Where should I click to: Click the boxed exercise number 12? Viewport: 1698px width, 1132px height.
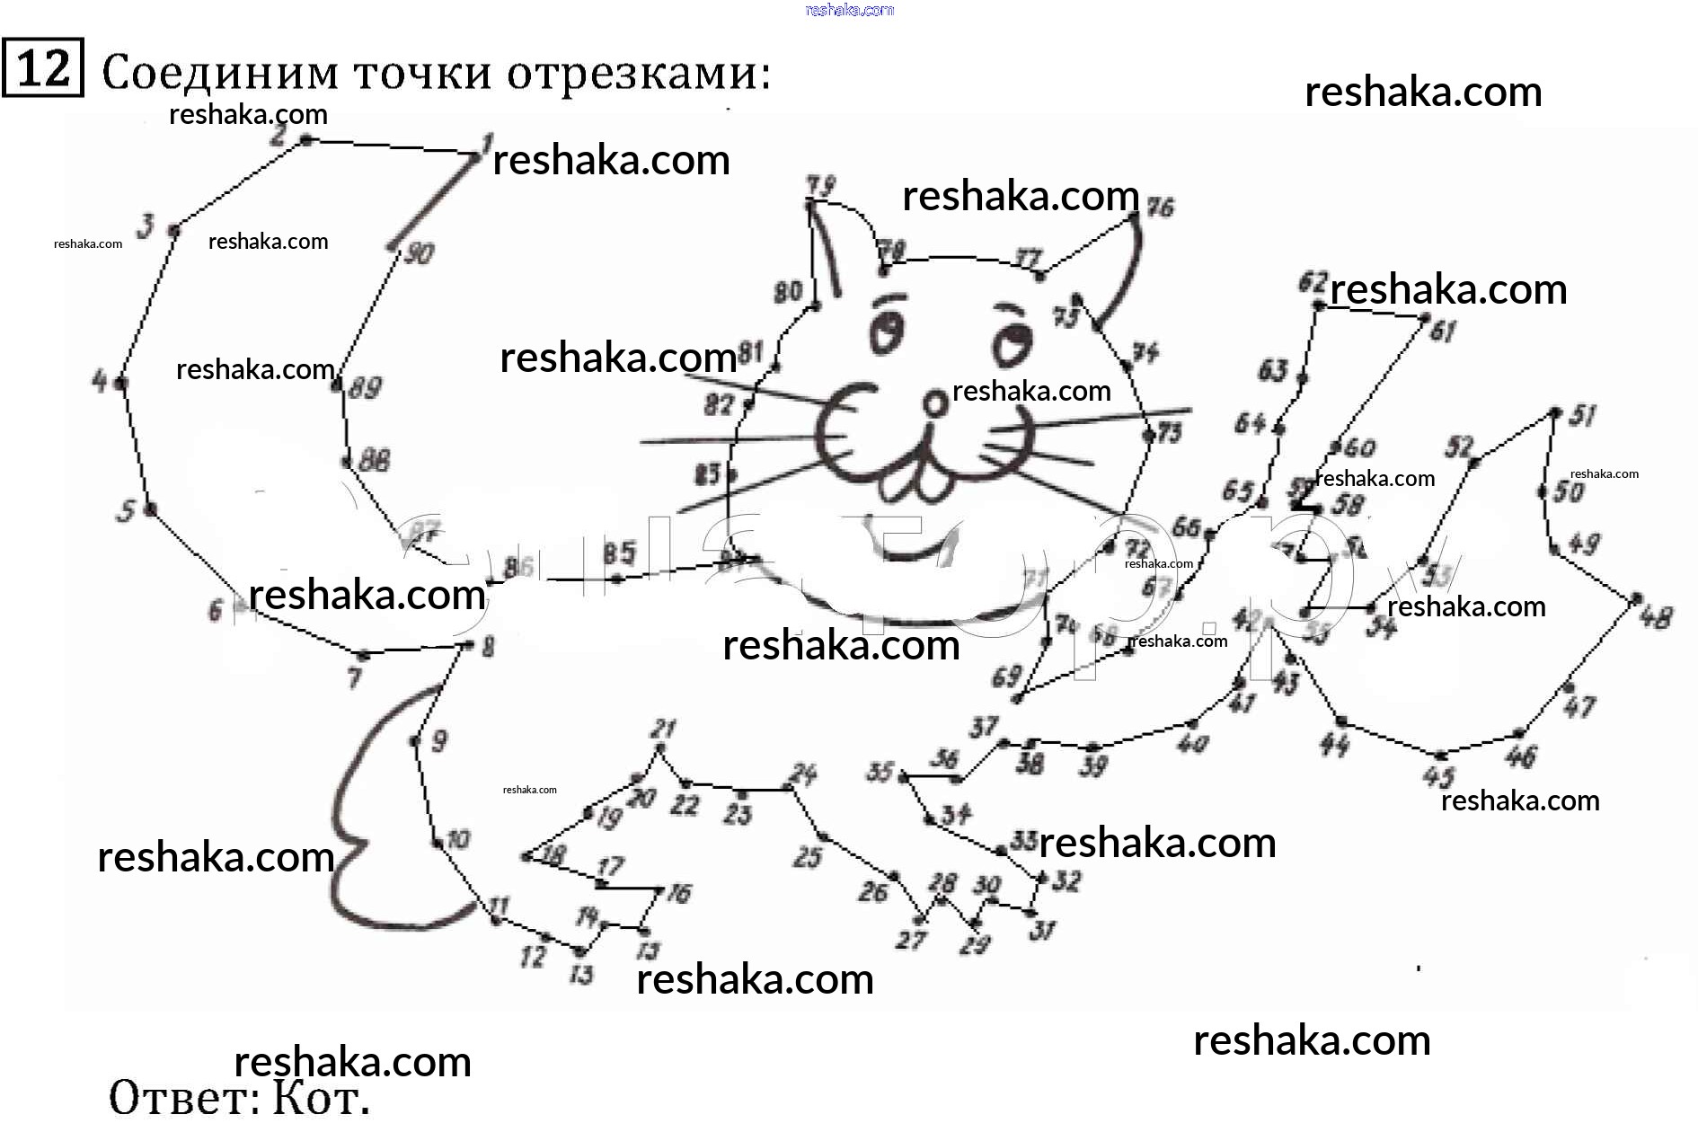[x=42, y=68]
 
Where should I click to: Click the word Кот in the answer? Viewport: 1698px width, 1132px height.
[x=320, y=1097]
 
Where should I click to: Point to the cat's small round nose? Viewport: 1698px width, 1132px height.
[x=936, y=403]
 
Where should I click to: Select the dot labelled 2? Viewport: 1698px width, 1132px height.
[x=305, y=140]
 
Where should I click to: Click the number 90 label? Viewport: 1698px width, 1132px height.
[x=419, y=253]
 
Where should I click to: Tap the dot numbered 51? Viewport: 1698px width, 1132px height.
[x=1555, y=413]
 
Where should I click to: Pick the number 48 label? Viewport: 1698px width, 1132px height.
[x=1655, y=618]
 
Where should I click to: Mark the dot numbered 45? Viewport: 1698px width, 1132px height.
[x=1439, y=756]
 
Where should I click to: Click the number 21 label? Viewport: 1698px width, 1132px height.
[x=664, y=728]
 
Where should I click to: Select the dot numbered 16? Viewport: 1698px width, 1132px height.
[x=660, y=890]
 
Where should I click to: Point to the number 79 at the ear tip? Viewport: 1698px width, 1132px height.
[x=820, y=186]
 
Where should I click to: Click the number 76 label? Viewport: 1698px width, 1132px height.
[x=1161, y=208]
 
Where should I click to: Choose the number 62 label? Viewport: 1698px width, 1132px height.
[x=1312, y=283]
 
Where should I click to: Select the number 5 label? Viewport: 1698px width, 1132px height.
[x=126, y=511]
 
